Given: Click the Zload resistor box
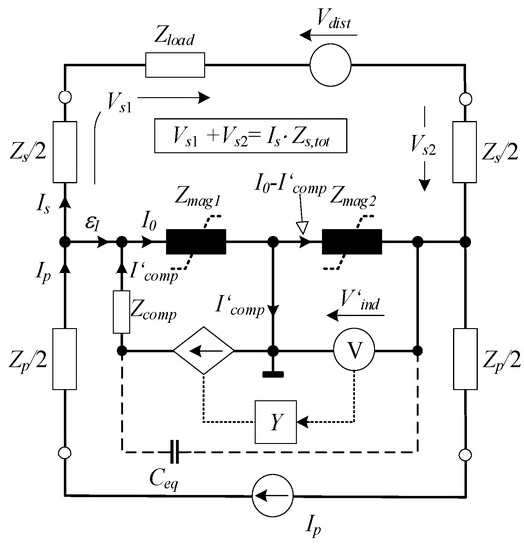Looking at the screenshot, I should (175, 67).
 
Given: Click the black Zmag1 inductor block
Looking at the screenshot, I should (196, 242).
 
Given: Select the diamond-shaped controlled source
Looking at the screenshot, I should (205, 351).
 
